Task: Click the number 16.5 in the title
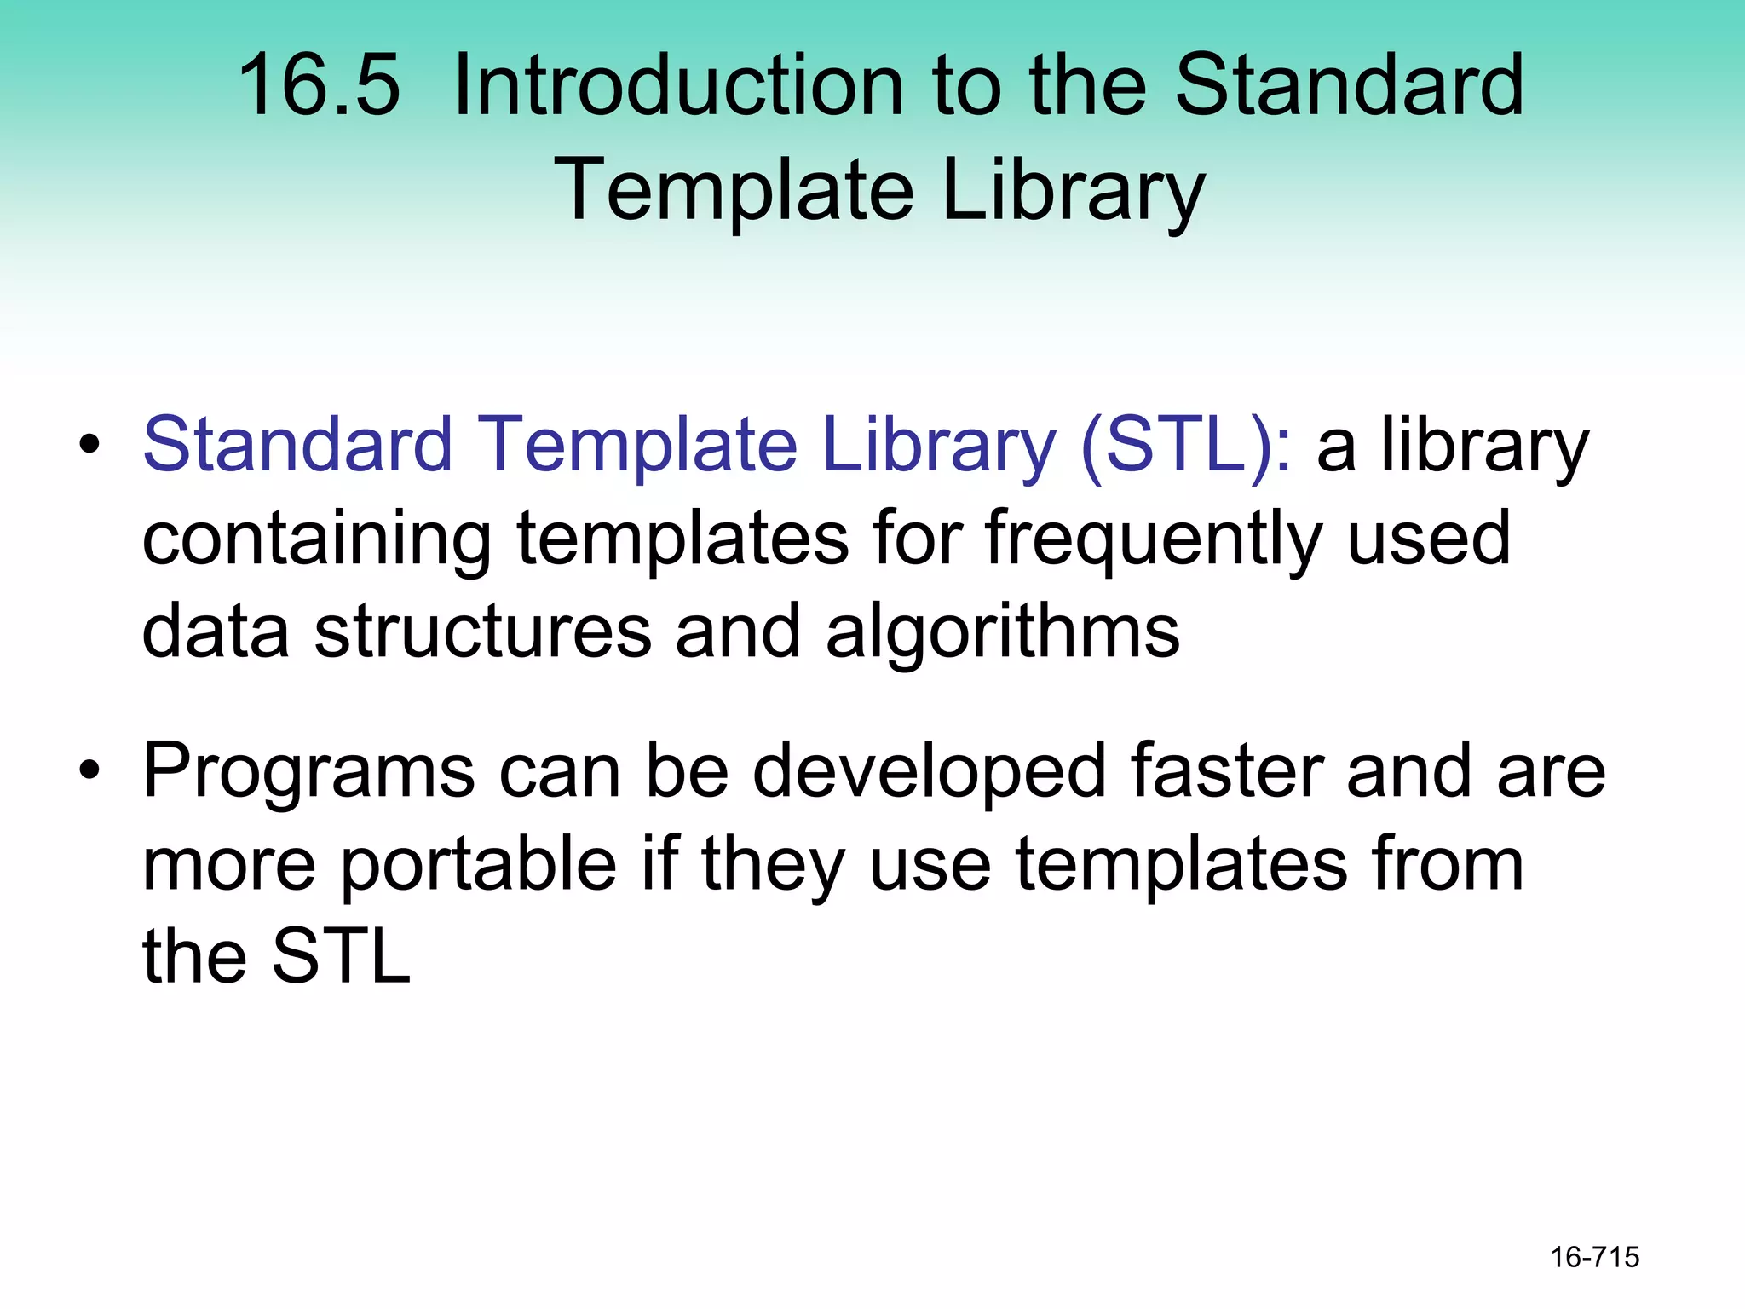point(319,85)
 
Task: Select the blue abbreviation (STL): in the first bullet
point(1186,445)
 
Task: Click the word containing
point(316,539)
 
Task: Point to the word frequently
point(1153,539)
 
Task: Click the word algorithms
point(1002,631)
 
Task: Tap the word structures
point(482,631)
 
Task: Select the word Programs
point(308,771)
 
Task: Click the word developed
point(929,771)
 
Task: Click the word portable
point(479,864)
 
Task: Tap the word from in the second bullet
point(1439,864)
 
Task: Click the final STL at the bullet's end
point(341,957)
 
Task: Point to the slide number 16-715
point(1594,1257)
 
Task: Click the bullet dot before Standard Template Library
point(89,445)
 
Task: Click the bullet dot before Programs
point(89,771)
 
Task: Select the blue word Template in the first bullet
point(638,445)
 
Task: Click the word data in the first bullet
point(215,631)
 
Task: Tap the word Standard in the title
point(1349,85)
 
